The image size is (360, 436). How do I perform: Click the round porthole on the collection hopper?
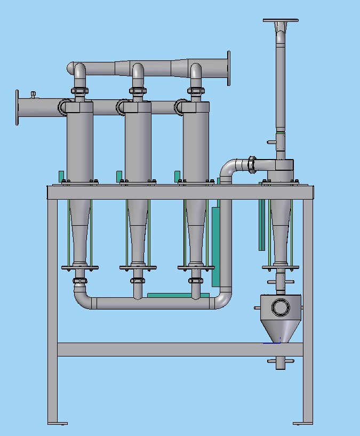tap(280, 307)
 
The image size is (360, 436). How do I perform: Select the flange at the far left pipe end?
tap(17, 107)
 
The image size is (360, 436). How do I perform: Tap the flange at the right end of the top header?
tap(229, 68)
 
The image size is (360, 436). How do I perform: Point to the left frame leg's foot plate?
tap(58, 423)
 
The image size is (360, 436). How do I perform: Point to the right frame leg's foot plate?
tap(303, 423)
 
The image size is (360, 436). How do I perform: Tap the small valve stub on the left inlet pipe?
tap(33, 95)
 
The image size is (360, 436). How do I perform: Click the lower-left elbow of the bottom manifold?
tap(82, 298)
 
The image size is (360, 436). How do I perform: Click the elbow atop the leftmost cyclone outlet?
tap(79, 72)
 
